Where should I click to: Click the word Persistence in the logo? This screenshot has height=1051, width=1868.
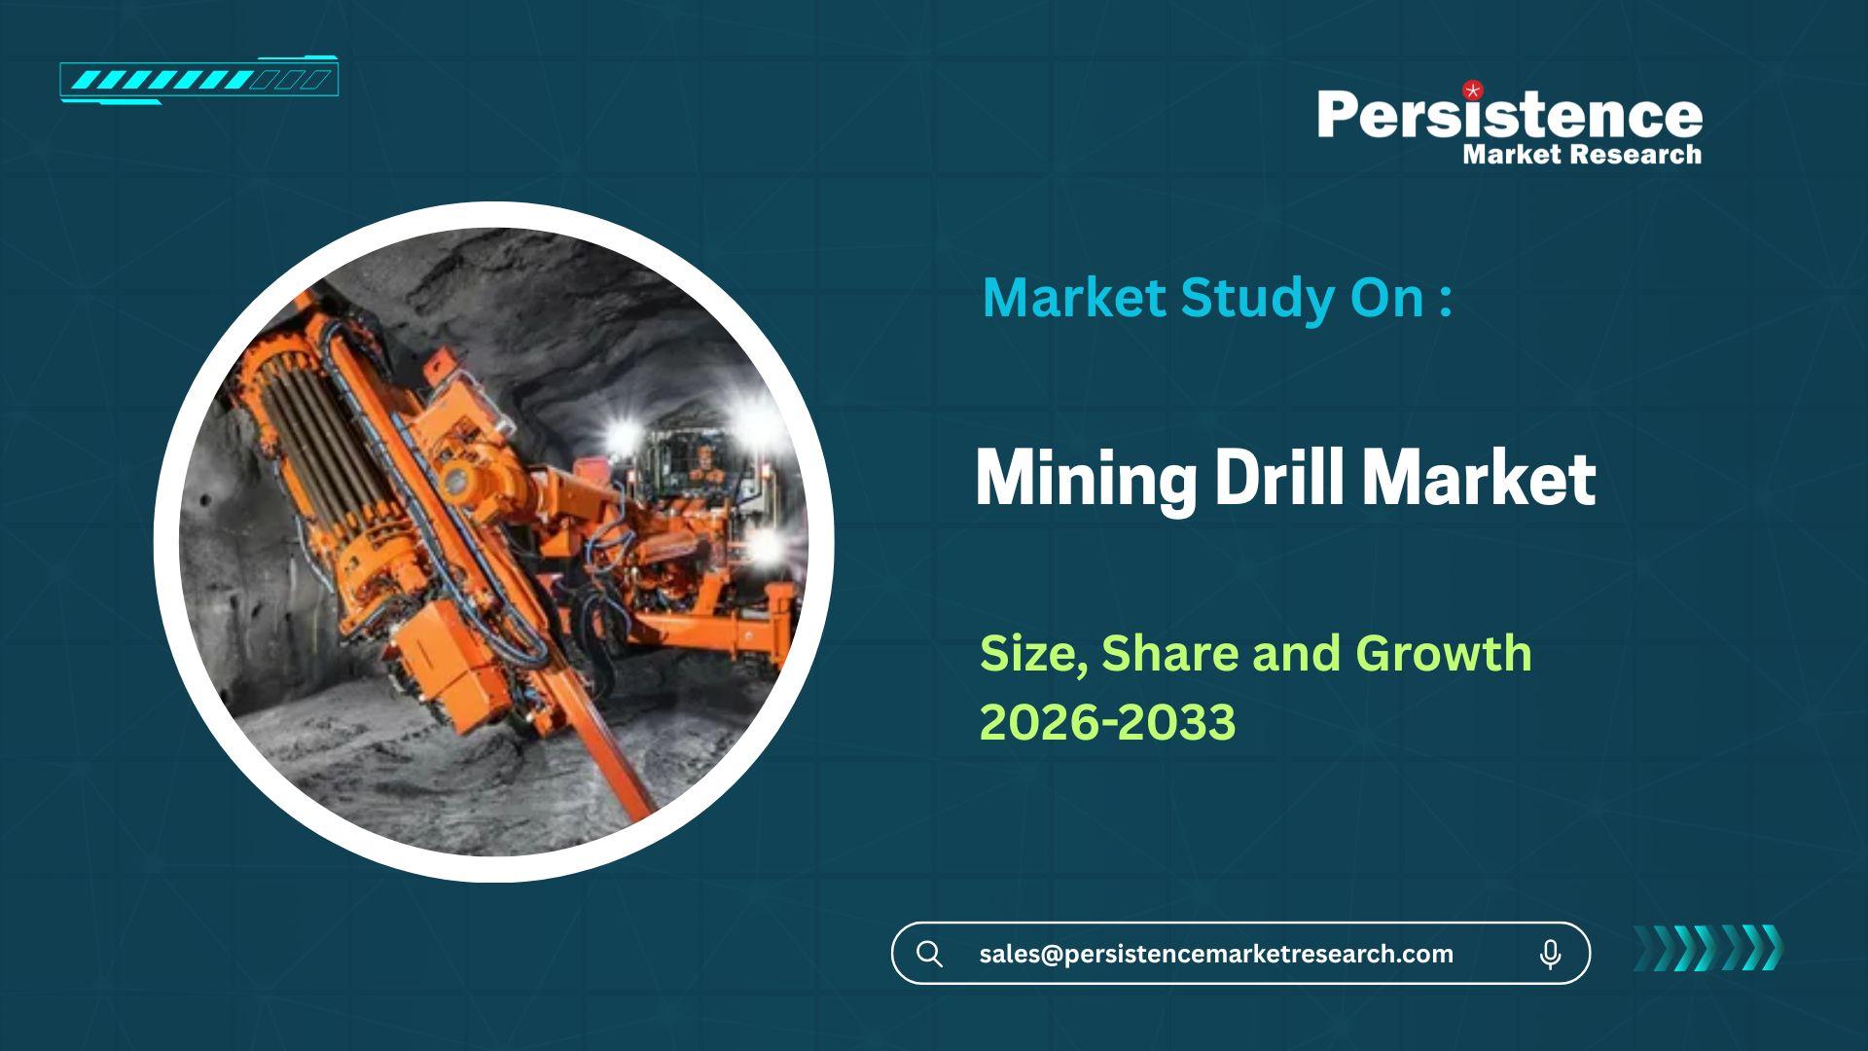tap(1510, 114)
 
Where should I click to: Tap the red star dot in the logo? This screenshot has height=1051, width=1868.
tap(1473, 91)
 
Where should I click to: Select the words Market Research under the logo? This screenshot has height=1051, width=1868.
tap(1582, 154)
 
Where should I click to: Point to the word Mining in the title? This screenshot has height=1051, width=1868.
tap(1085, 479)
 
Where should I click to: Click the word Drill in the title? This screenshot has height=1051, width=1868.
tap(1280, 477)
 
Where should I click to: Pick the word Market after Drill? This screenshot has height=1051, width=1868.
tap(1479, 478)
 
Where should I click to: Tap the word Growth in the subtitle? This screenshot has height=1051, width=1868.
tap(1444, 653)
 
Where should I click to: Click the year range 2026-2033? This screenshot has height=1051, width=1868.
tap(1107, 722)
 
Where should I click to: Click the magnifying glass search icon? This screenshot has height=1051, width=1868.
tap(929, 954)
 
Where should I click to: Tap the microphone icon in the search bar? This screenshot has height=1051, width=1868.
tap(1551, 955)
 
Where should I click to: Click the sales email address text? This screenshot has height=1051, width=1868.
tap(1216, 954)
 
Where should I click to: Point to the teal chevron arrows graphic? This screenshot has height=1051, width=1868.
tap(1707, 948)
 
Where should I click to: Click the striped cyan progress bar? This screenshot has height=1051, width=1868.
tap(198, 80)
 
